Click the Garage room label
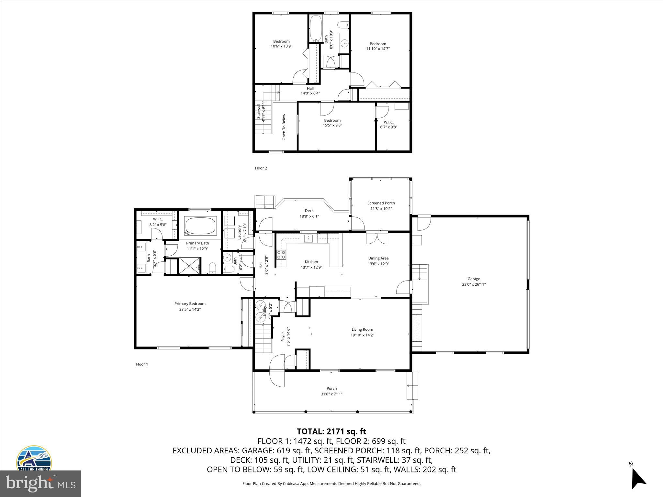point(474,279)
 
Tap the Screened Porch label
point(381,203)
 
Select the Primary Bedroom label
point(190,304)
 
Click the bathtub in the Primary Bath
point(200,226)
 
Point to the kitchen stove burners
point(281,255)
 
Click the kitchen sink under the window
point(309,238)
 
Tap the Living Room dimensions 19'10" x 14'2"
point(362,335)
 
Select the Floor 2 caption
point(261,168)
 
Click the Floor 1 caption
point(142,364)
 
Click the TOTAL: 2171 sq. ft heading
point(331,431)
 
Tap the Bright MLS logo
point(40,483)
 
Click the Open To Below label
point(284,127)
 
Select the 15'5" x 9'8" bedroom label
point(332,123)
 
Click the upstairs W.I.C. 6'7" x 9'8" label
point(388,125)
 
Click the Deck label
point(309,211)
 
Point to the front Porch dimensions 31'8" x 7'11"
point(331,394)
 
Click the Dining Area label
point(378,258)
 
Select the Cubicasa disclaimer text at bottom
point(331,483)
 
